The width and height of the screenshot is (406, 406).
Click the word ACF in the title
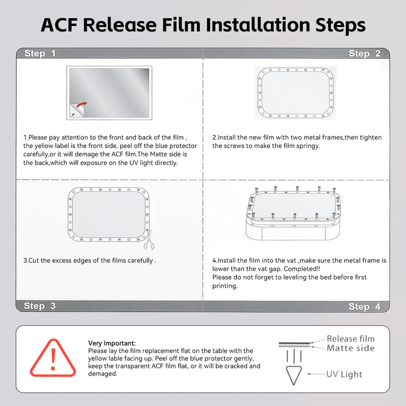(x=59, y=25)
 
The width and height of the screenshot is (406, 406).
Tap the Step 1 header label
(x=40, y=53)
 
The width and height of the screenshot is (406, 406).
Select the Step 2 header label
(x=364, y=53)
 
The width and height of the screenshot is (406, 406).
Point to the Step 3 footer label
(x=40, y=306)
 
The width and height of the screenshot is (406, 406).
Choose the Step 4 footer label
(x=364, y=307)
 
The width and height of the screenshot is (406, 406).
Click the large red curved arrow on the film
(x=82, y=105)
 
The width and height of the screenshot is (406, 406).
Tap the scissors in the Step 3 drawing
(x=149, y=240)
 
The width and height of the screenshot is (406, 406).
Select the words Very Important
(x=112, y=343)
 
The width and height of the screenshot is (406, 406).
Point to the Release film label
(x=351, y=339)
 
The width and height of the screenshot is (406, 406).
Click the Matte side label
(x=351, y=348)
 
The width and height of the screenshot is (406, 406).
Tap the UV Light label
(x=344, y=374)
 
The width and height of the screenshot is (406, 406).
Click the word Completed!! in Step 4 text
(x=302, y=269)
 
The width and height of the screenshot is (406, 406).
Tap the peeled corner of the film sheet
(x=77, y=110)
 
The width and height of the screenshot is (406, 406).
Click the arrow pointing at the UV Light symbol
(x=316, y=374)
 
